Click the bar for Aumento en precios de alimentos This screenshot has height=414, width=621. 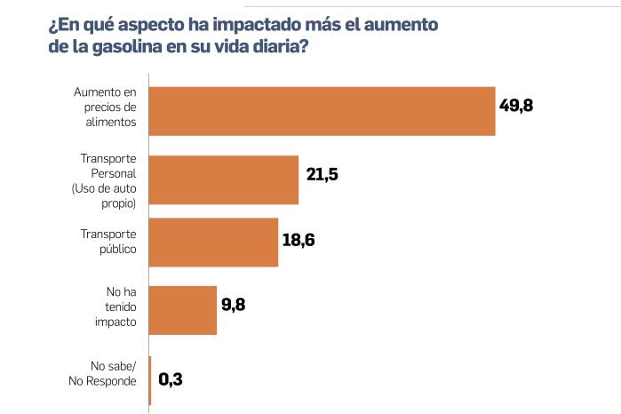[322, 111]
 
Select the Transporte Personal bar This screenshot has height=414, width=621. [224, 180]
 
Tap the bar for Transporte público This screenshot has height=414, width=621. [213, 242]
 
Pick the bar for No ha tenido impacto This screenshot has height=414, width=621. [183, 310]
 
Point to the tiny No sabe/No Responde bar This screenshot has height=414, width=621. [150, 380]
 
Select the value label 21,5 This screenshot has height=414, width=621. [322, 174]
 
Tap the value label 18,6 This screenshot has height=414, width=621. [299, 240]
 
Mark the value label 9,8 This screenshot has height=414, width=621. [233, 305]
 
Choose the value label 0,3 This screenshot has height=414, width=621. [171, 380]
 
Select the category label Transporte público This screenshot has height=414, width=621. [108, 242]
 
